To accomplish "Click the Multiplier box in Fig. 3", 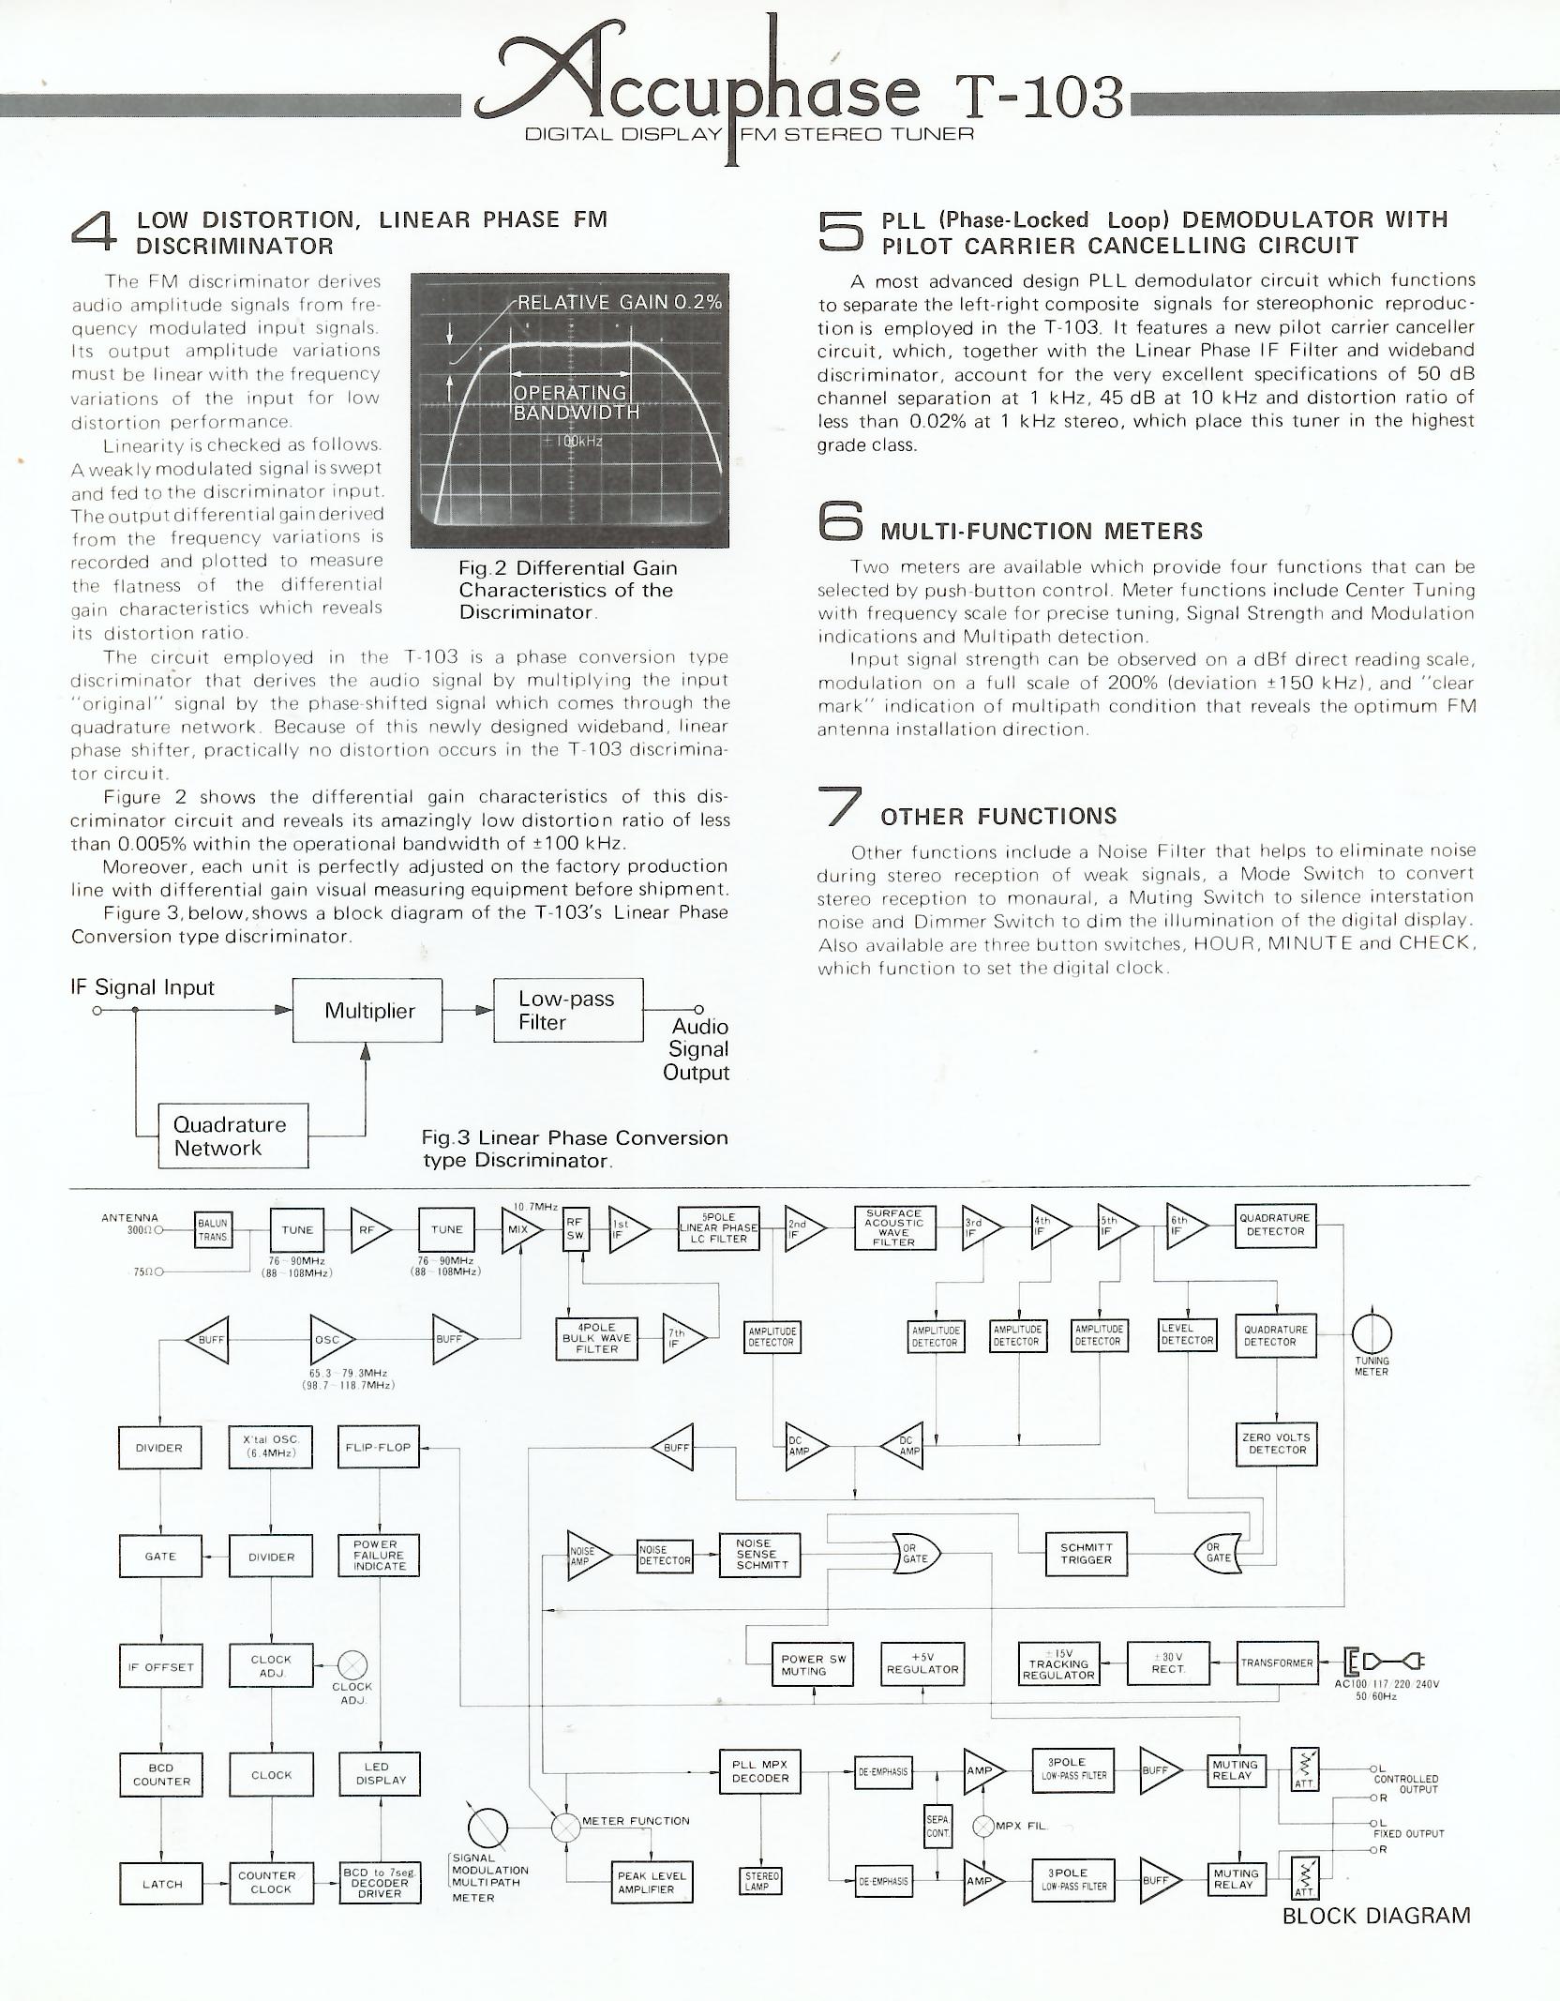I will click(x=367, y=1010).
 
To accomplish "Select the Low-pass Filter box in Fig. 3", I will click(x=568, y=1010).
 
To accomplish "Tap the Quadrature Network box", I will click(x=231, y=1136).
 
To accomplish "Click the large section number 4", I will click(x=95, y=232).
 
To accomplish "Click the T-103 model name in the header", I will click(x=1038, y=97).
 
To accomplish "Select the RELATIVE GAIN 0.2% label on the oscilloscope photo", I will click(x=620, y=302).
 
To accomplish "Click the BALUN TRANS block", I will click(x=213, y=1229).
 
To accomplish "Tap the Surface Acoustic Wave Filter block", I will click(x=894, y=1227).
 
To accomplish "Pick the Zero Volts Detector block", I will click(x=1276, y=1443).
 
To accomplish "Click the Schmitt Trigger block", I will click(x=1086, y=1554).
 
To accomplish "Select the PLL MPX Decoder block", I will click(x=760, y=1771).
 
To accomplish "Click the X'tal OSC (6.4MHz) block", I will click(x=271, y=1447).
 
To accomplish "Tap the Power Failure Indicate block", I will click(x=379, y=1555).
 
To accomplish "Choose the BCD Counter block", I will click(x=161, y=1774).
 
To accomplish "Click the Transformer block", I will click(x=1277, y=1662).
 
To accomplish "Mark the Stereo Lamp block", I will click(x=761, y=1881).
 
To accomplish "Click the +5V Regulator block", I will click(x=922, y=1663).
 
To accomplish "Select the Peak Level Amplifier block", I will click(x=652, y=1882).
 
